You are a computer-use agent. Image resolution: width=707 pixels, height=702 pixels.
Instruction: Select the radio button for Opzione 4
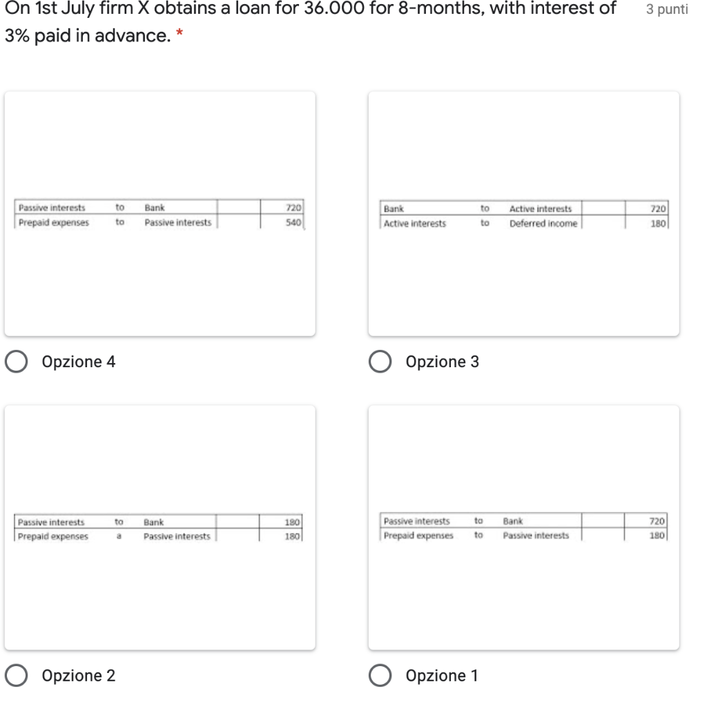[17, 362]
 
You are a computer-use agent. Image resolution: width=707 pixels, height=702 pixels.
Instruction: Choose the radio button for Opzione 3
[380, 362]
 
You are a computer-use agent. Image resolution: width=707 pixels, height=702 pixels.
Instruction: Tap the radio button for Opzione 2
[17, 675]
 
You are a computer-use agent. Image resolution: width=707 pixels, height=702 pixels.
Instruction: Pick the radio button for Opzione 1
[380, 675]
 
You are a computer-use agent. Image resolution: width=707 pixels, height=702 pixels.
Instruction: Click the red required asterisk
[180, 32]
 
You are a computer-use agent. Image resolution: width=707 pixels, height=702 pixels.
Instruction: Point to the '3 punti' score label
[667, 10]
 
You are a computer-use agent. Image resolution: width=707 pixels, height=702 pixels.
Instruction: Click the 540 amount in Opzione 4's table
[293, 222]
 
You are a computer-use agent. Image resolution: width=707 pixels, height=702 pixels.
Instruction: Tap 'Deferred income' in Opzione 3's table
[543, 223]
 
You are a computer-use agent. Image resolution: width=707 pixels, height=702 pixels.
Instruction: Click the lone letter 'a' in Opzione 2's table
[119, 536]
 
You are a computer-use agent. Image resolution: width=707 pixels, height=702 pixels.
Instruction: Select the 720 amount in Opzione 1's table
[657, 521]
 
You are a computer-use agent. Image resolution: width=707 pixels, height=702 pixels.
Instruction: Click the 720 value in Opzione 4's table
[293, 207]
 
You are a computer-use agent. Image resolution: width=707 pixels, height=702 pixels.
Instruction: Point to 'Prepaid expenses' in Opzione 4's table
[54, 223]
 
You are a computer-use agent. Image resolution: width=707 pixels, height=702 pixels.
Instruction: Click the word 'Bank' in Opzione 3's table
[394, 208]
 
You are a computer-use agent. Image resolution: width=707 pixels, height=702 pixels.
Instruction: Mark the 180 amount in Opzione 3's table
[658, 223]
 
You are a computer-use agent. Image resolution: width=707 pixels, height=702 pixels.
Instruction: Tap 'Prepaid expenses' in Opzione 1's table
[418, 536]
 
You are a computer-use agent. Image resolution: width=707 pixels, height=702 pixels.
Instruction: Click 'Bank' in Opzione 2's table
[154, 522]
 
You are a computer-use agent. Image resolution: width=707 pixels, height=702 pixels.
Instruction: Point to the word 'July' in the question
[78, 9]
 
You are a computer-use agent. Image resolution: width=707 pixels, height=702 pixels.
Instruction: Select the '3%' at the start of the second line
[17, 35]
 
